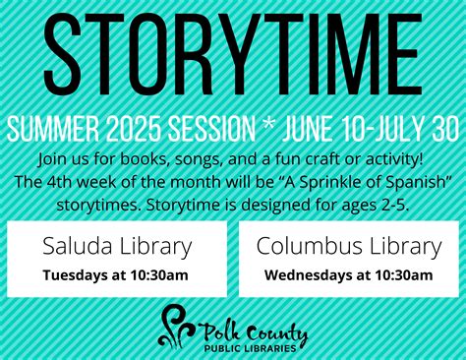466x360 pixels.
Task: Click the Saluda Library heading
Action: pos(117,246)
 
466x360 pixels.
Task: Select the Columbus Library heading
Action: pos(349,246)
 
